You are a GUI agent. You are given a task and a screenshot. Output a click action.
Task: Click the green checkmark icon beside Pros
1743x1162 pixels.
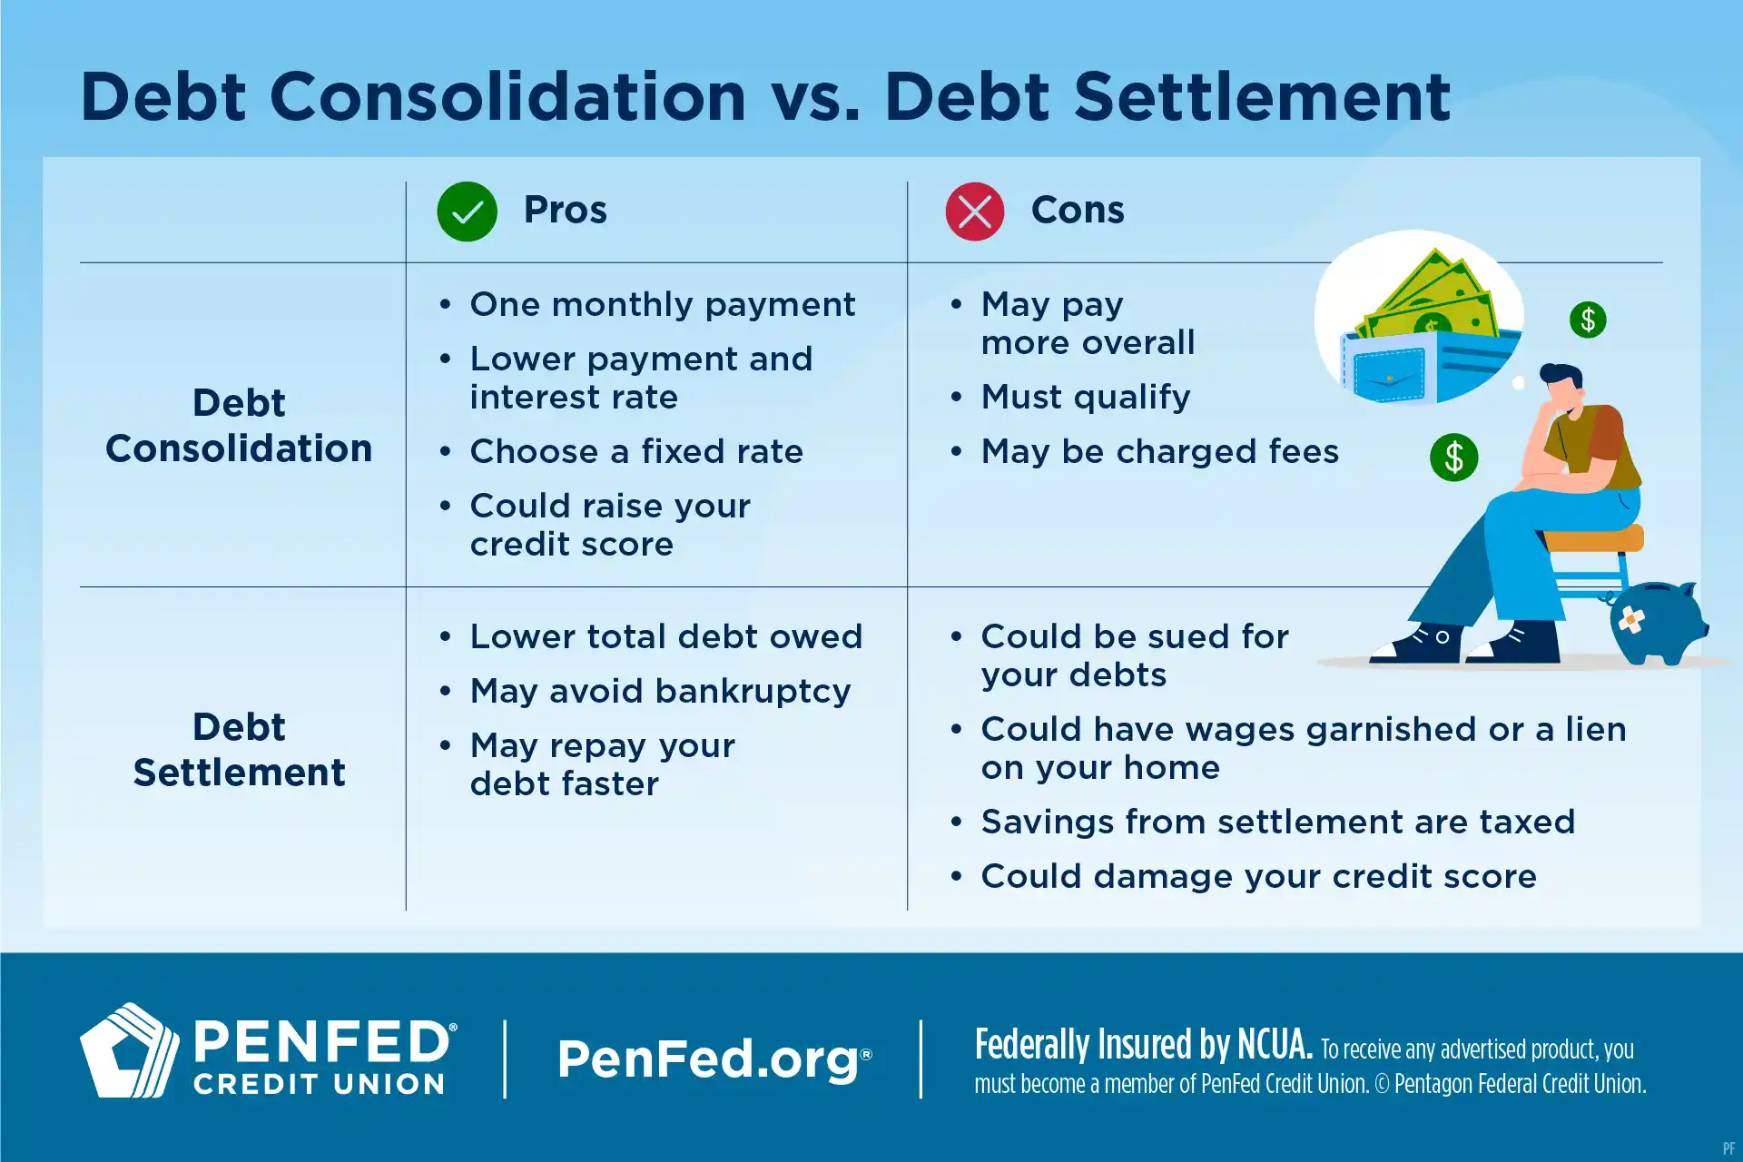click(x=467, y=212)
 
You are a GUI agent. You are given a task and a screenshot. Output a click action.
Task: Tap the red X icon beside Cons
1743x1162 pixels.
click(x=974, y=212)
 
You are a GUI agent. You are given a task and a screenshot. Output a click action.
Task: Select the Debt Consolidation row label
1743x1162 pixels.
click(x=239, y=425)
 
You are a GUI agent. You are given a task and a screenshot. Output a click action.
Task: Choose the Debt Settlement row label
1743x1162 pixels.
click(x=239, y=749)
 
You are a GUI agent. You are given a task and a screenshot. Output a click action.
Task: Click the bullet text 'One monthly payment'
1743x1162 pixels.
click(x=662, y=304)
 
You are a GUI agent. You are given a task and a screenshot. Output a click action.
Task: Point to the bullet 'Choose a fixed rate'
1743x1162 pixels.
click(x=635, y=451)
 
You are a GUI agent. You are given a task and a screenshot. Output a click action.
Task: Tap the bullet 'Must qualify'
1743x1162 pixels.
click(x=1085, y=397)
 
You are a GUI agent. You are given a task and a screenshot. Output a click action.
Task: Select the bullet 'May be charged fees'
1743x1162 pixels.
click(x=1159, y=451)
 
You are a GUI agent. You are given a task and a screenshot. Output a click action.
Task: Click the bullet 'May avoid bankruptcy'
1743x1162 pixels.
click(x=660, y=691)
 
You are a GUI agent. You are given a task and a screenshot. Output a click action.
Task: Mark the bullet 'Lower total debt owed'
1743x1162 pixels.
click(x=665, y=636)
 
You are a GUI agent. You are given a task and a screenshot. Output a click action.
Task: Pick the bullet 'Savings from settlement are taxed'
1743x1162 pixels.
click(x=1277, y=822)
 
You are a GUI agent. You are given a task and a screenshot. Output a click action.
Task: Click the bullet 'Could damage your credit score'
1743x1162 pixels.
click(x=1258, y=876)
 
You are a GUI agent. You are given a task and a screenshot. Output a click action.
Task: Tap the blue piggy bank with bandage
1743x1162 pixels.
click(x=1657, y=622)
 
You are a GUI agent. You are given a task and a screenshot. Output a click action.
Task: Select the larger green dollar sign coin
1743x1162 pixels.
click(x=1453, y=457)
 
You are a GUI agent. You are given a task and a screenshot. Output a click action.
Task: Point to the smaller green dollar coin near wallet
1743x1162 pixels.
click(x=1588, y=320)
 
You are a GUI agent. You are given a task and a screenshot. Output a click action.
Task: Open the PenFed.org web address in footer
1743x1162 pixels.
click(x=713, y=1059)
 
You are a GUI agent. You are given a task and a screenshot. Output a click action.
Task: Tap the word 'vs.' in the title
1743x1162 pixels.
click(x=814, y=98)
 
